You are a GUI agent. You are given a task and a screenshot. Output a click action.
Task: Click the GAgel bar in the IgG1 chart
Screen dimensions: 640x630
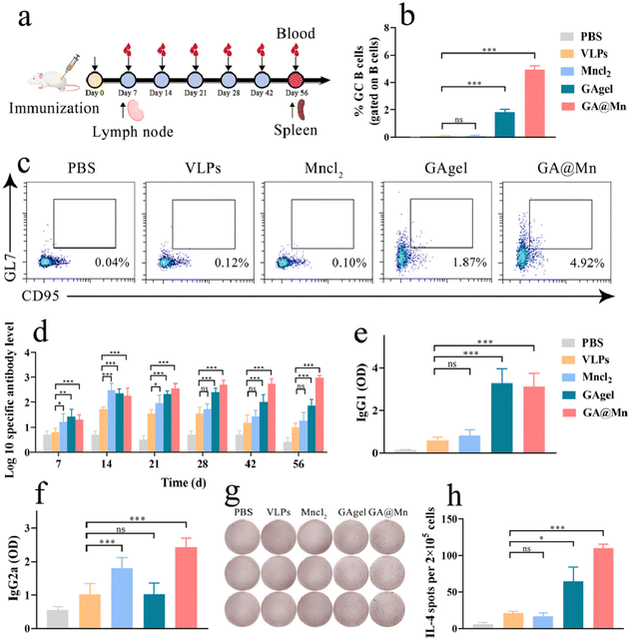(504, 417)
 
